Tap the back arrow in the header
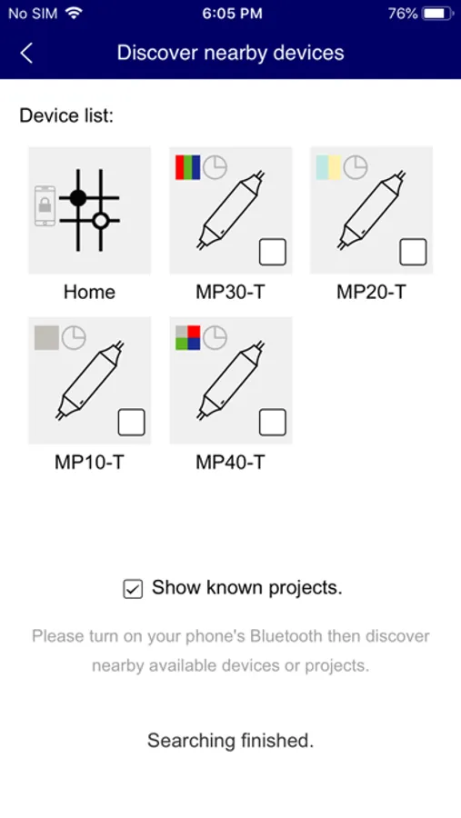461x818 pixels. pyautogui.click(x=26, y=54)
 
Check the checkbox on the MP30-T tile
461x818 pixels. pyautogui.click(x=273, y=252)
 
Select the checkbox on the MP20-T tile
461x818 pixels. pyautogui.click(x=413, y=252)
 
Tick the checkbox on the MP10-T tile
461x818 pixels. pyautogui.click(x=132, y=422)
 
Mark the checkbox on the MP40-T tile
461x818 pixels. pyautogui.click(x=273, y=422)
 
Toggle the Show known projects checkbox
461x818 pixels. pyautogui.click(x=133, y=589)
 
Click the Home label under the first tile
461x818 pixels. pyautogui.click(x=89, y=292)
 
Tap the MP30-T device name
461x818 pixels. pyautogui.click(x=230, y=292)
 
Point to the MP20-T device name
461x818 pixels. pyautogui.click(x=371, y=292)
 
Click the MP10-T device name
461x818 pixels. pyautogui.click(x=89, y=463)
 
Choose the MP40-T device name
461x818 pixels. pyautogui.click(x=230, y=463)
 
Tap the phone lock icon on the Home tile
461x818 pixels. pyautogui.click(x=45, y=206)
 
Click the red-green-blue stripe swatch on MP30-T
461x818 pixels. pyautogui.click(x=188, y=167)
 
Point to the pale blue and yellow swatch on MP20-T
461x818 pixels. pyautogui.click(x=328, y=167)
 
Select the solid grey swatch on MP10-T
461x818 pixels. pyautogui.click(x=46, y=337)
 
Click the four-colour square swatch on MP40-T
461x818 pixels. pyautogui.click(x=188, y=337)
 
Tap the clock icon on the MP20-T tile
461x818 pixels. pyautogui.click(x=356, y=167)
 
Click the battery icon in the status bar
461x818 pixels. pyautogui.click(x=438, y=14)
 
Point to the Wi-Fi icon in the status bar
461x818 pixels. pyautogui.click(x=75, y=14)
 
